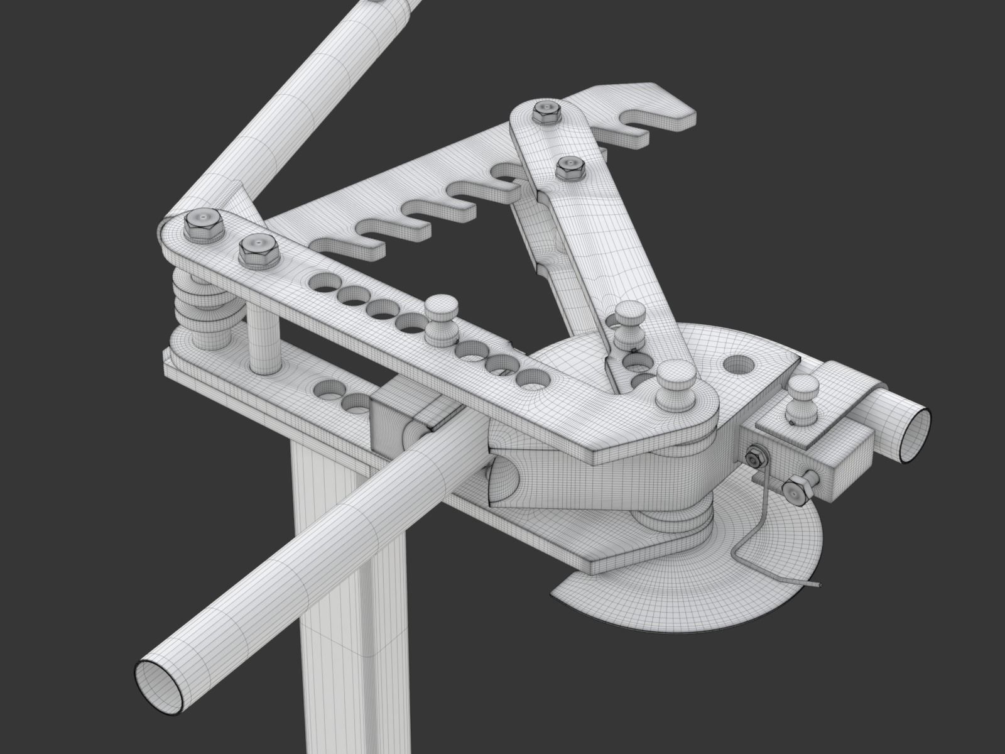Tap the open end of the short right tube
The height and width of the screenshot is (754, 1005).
click(x=912, y=434)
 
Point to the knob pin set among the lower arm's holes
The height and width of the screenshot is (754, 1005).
click(x=442, y=319)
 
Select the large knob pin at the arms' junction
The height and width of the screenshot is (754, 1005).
click(x=675, y=383)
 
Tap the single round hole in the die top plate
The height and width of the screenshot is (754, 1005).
click(x=740, y=363)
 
